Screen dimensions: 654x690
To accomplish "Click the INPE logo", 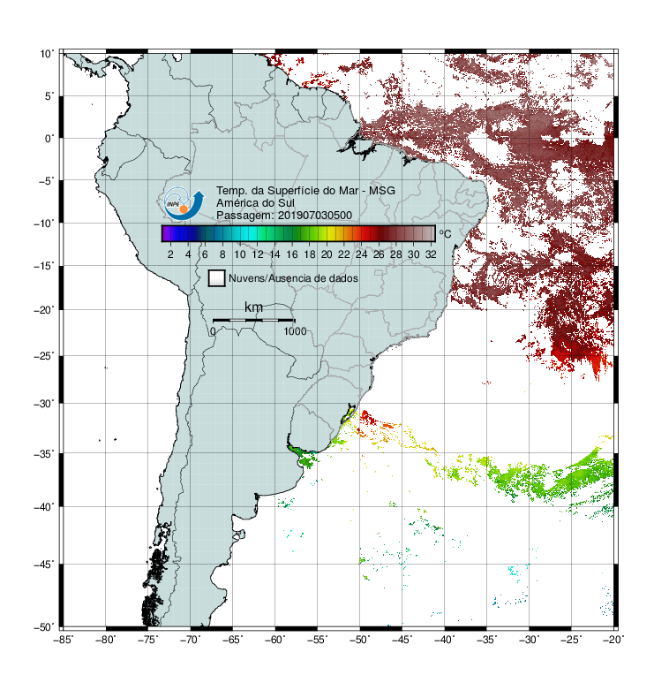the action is tap(184, 204).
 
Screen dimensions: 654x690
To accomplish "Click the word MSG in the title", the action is tap(381, 191).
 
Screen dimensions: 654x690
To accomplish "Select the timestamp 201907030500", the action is tap(315, 216).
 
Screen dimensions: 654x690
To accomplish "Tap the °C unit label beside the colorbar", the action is tap(445, 233).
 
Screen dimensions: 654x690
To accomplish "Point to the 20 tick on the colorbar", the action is tap(327, 254).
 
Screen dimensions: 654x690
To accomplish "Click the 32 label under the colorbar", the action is tap(431, 254).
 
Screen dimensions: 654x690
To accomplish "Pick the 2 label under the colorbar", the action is tap(170, 254).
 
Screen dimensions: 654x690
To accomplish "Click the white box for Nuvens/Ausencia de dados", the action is tap(217, 278).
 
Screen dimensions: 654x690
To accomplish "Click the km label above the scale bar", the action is tap(253, 307).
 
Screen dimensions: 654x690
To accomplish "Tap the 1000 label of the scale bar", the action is tap(295, 331).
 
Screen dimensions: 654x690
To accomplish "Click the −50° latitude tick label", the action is tap(44, 627).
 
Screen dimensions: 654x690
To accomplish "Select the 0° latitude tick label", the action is tap(49, 139).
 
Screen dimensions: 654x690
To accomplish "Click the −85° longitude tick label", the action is tap(64, 640).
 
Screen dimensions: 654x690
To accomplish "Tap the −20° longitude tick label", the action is tap(613, 640).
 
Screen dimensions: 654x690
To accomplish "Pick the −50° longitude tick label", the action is tap(359, 640).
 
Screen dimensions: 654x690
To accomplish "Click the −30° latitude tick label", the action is tap(44, 403).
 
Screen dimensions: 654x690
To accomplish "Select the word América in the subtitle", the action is tap(237, 203).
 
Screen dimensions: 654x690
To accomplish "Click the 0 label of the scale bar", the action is tap(213, 331).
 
